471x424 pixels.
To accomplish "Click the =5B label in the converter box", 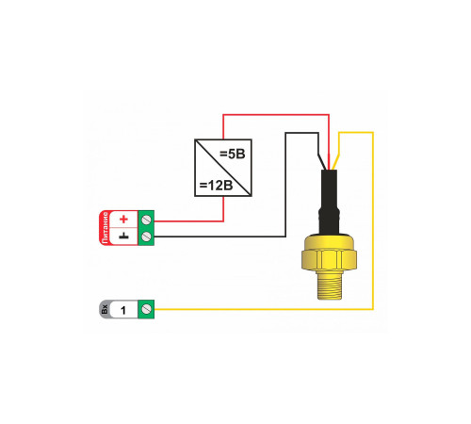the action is click(x=233, y=154).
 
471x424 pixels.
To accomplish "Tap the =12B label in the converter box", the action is click(x=217, y=186).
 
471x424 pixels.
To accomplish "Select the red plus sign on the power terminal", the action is click(x=124, y=219).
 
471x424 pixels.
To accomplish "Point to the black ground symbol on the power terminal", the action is click(x=124, y=236).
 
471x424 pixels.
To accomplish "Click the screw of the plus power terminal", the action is click(x=146, y=220).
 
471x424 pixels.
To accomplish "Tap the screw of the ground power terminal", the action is click(x=146, y=236).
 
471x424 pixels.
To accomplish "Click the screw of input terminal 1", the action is click(x=146, y=309).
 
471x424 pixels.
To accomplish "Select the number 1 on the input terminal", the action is click(x=123, y=310).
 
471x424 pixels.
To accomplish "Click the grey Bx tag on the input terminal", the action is click(x=105, y=309).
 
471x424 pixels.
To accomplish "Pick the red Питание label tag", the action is click(x=106, y=227).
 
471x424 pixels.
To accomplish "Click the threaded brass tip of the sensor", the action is click(x=329, y=285).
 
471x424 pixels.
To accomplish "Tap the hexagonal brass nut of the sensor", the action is click(x=329, y=259).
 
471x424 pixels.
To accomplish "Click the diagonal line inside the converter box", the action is click(x=223, y=168).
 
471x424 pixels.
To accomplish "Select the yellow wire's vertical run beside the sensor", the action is click(x=373, y=220).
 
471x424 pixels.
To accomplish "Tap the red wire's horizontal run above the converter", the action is click(x=276, y=115).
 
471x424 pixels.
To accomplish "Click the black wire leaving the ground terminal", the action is click(x=219, y=236).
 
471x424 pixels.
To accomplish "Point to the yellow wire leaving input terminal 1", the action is click(x=264, y=309).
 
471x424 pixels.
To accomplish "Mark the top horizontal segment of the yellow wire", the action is click(x=356, y=133).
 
